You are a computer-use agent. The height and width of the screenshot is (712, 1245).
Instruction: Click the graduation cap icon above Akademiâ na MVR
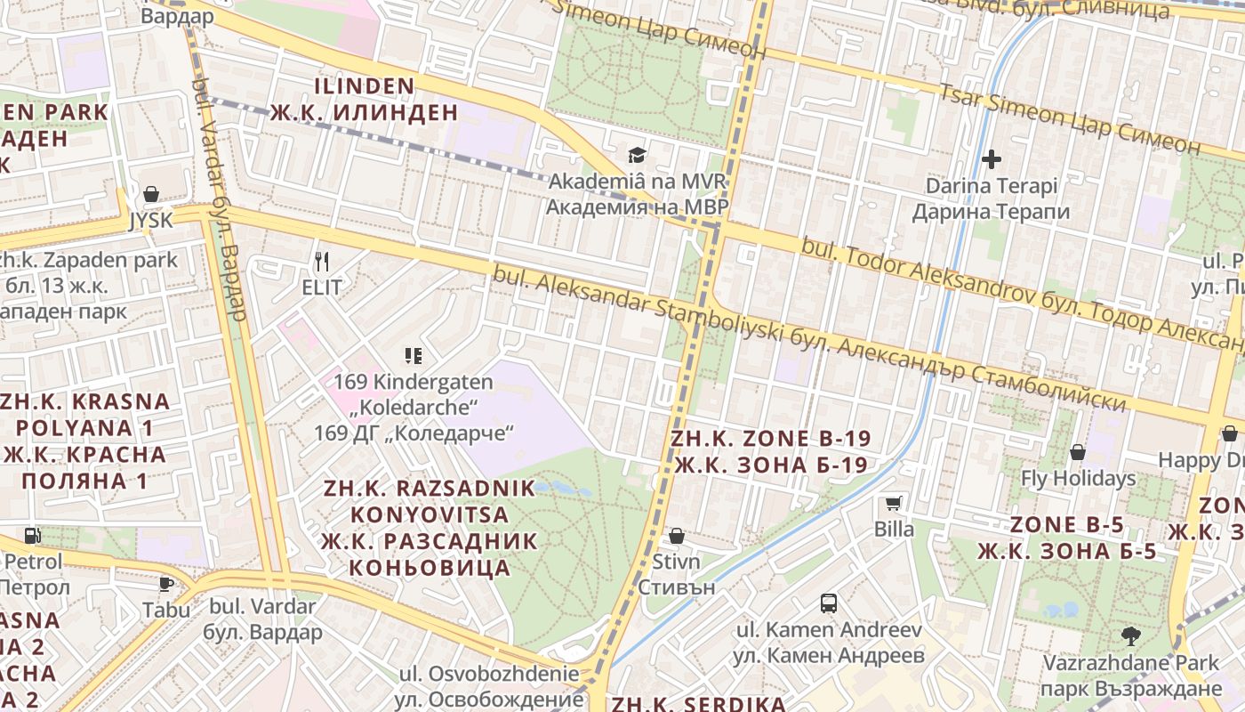pyautogui.click(x=637, y=156)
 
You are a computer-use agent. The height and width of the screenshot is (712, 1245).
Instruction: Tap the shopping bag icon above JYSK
pyautogui.click(x=151, y=194)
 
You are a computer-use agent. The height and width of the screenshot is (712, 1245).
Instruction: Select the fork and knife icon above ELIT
pyautogui.click(x=322, y=262)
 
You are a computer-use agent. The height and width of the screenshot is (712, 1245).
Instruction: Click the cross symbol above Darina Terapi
pyautogui.click(x=992, y=160)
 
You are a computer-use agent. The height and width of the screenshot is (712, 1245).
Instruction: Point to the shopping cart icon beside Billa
pyautogui.click(x=894, y=504)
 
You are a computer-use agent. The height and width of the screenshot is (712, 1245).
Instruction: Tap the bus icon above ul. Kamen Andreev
pyautogui.click(x=829, y=603)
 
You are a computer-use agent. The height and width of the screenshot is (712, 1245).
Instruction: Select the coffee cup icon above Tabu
pyautogui.click(x=165, y=584)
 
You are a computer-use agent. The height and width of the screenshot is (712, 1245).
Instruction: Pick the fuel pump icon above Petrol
pyautogui.click(x=33, y=536)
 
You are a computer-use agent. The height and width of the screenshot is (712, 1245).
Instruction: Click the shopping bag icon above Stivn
pyautogui.click(x=676, y=536)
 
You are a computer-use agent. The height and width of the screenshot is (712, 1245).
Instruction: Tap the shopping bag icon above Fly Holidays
pyautogui.click(x=1078, y=452)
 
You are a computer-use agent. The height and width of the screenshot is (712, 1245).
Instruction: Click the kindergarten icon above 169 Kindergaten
pyautogui.click(x=413, y=356)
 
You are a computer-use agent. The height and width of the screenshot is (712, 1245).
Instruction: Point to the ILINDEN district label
pyautogui.click(x=365, y=86)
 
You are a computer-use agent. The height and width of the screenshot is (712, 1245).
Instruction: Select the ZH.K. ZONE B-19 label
pyautogui.click(x=770, y=438)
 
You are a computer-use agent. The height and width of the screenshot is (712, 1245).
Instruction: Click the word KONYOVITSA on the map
pyautogui.click(x=430, y=514)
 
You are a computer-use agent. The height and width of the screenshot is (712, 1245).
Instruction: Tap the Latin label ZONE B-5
pyautogui.click(x=1067, y=524)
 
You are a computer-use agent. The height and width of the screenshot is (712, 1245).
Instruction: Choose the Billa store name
pyautogui.click(x=894, y=530)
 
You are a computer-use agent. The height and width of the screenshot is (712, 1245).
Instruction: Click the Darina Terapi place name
pyautogui.click(x=992, y=186)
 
